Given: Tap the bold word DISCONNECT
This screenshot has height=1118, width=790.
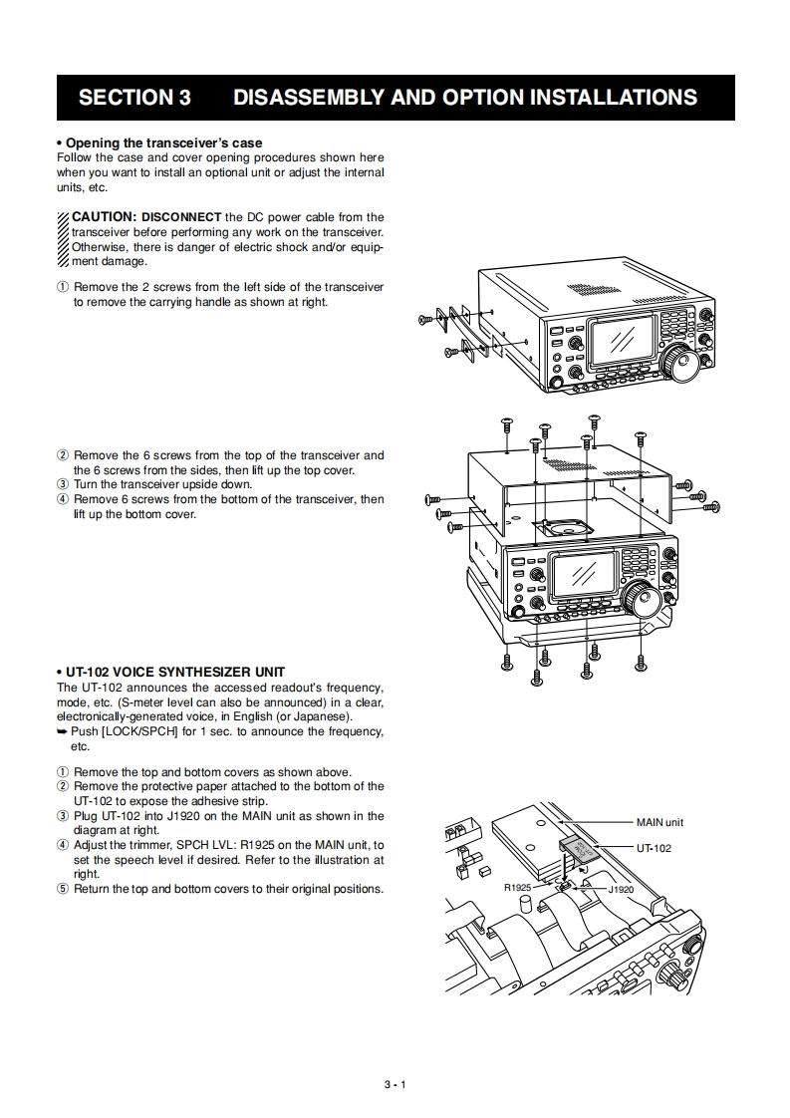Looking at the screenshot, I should (x=181, y=217).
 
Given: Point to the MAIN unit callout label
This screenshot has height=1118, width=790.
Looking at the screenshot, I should (x=659, y=822).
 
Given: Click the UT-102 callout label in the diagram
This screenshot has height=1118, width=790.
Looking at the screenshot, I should (x=654, y=848).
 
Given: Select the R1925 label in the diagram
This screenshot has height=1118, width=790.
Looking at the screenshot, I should (x=517, y=887).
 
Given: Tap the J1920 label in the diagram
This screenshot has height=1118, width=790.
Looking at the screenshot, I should (x=621, y=888).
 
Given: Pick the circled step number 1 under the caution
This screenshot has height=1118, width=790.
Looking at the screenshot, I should (x=63, y=287).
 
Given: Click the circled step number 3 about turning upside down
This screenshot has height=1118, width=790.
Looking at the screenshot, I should (x=63, y=485).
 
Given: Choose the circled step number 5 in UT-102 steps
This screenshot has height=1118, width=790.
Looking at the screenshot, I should (x=63, y=889).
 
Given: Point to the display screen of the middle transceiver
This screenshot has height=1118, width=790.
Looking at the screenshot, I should (x=585, y=573).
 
